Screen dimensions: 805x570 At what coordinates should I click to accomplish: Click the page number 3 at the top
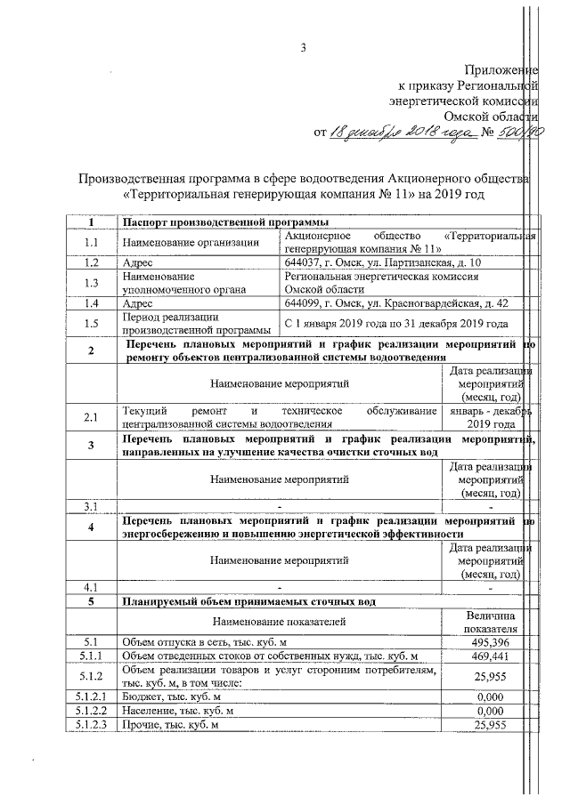point(303,48)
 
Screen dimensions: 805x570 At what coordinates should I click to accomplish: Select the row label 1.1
point(91,242)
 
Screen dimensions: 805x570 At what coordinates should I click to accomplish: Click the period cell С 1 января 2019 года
point(395,324)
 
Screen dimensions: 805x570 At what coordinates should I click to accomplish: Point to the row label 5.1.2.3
point(91,726)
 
